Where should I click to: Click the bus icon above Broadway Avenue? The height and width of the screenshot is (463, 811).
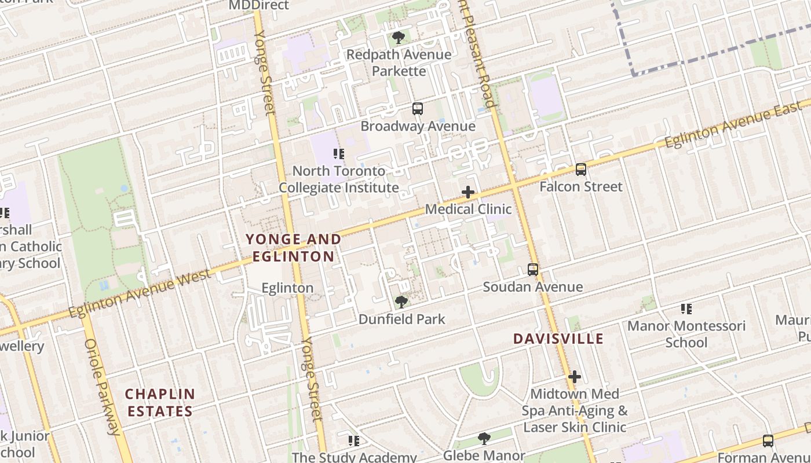click(x=417, y=108)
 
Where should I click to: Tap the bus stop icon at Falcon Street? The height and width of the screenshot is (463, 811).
click(x=581, y=169)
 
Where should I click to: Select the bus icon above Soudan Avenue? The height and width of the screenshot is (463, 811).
click(x=533, y=270)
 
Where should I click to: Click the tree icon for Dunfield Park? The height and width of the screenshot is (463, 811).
click(x=401, y=302)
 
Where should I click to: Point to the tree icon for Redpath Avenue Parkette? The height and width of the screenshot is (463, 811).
click(x=398, y=38)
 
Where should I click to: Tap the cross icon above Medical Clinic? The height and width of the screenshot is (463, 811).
click(x=468, y=192)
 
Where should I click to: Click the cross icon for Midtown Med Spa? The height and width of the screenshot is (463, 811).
click(x=574, y=377)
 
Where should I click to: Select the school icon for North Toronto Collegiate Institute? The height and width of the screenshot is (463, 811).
click(x=339, y=154)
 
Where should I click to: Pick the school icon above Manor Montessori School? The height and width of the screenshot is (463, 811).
click(x=686, y=309)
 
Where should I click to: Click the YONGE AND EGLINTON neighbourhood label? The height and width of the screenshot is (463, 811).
click(x=293, y=248)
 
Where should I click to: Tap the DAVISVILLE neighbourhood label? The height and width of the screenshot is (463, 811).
click(x=558, y=339)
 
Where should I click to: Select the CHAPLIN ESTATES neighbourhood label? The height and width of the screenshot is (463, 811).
click(x=160, y=403)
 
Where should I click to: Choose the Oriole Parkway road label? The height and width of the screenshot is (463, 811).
click(x=101, y=387)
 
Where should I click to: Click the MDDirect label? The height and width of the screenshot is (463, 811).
click(x=258, y=5)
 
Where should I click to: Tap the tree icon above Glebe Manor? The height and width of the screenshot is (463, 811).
click(x=484, y=439)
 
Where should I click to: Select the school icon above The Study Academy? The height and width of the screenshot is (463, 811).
click(x=354, y=441)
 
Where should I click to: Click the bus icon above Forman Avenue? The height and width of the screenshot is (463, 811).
click(x=768, y=441)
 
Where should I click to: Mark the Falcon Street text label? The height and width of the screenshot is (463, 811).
click(x=581, y=186)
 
